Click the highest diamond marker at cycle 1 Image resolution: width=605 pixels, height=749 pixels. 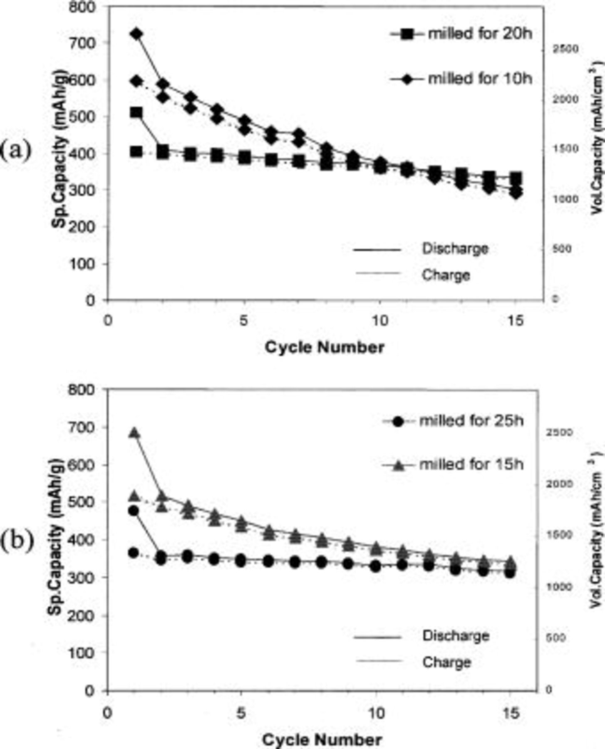pos(136,34)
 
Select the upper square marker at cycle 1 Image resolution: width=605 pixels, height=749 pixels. pos(136,112)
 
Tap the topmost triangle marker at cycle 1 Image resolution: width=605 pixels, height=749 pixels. pos(134,433)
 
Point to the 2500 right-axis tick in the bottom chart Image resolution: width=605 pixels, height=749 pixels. pos(559,433)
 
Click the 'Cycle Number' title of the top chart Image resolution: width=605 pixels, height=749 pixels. pos(325,347)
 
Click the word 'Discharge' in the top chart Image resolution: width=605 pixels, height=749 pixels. pos(455,249)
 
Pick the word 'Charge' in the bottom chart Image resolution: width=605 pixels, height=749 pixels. pos(446,662)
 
